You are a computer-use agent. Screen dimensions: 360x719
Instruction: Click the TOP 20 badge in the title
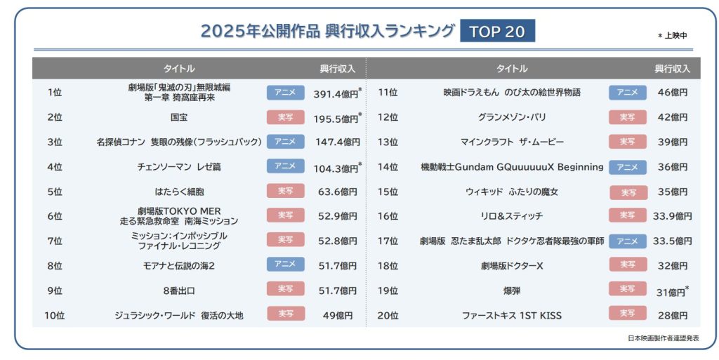click(x=497, y=32)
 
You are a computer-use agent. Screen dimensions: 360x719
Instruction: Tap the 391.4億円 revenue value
click(x=336, y=93)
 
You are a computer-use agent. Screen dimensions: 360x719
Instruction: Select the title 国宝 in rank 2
click(x=178, y=117)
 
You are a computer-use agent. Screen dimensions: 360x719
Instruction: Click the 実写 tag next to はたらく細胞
click(x=286, y=191)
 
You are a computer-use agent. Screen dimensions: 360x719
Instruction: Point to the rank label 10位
click(x=55, y=315)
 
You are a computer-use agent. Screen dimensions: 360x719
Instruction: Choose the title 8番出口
click(x=178, y=290)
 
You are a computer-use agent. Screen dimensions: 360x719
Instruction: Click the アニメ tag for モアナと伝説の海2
click(x=286, y=265)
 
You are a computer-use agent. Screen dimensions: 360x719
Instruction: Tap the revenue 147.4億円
click(x=337, y=142)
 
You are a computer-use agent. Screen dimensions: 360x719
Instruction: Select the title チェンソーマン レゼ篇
click(x=178, y=167)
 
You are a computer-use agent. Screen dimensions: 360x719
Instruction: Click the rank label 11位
click(x=388, y=93)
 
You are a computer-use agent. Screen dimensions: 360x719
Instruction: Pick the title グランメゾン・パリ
click(x=512, y=117)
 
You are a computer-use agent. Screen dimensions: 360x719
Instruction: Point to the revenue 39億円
click(x=673, y=142)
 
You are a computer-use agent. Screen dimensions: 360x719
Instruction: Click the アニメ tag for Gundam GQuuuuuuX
click(x=628, y=167)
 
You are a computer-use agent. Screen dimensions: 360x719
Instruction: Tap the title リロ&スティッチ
click(x=512, y=216)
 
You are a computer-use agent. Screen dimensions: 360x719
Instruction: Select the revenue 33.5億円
click(x=673, y=241)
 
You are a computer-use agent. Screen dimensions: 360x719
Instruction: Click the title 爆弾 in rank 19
click(x=512, y=290)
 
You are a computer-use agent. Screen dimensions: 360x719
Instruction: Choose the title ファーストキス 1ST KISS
click(x=512, y=315)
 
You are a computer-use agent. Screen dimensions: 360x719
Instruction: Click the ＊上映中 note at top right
click(x=672, y=35)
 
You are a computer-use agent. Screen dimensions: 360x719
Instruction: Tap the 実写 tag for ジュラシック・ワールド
click(x=286, y=314)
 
